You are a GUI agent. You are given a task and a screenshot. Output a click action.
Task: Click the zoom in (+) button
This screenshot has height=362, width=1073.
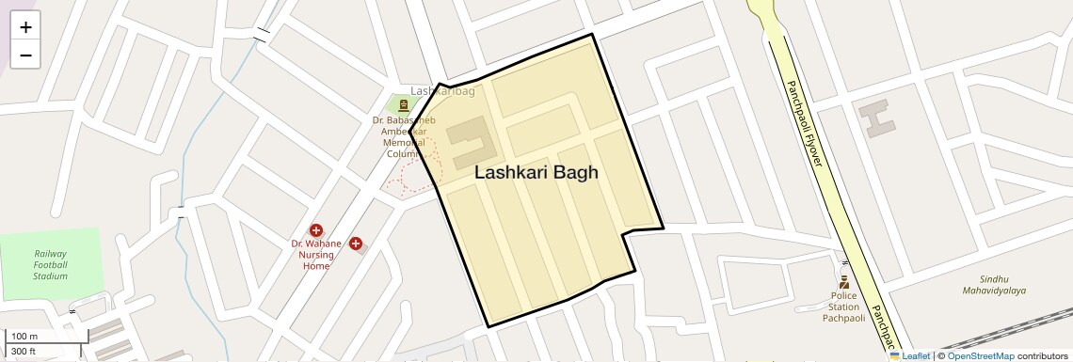[x=25, y=27]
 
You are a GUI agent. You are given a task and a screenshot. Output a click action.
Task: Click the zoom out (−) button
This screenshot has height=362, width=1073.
[x=25, y=55]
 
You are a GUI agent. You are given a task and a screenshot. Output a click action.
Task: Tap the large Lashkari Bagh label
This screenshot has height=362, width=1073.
[x=536, y=173]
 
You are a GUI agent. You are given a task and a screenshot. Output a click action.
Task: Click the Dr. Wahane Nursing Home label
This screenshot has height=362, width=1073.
[x=315, y=255]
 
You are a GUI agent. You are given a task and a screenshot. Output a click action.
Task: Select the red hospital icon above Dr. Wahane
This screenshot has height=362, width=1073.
[x=316, y=230]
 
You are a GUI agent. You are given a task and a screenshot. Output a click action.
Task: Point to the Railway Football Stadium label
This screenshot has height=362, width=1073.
[x=51, y=265]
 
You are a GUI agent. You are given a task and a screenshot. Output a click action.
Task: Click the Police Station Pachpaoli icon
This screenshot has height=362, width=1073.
[x=843, y=280]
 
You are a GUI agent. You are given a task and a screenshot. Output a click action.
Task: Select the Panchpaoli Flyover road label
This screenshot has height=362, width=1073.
[x=805, y=122]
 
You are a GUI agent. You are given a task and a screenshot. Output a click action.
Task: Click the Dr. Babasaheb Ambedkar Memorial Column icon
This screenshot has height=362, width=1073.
[x=403, y=104]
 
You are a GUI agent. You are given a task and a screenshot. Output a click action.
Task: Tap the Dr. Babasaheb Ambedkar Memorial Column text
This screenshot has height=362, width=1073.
[x=404, y=136]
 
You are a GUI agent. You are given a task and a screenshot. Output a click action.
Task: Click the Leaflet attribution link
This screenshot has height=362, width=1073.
[x=909, y=355]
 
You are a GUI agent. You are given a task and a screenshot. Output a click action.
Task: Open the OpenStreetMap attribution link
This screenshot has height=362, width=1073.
[x=980, y=355]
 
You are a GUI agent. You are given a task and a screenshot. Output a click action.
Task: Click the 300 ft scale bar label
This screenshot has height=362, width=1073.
[x=24, y=352]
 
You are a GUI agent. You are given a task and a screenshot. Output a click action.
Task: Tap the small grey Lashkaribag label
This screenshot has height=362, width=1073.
[x=442, y=91]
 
